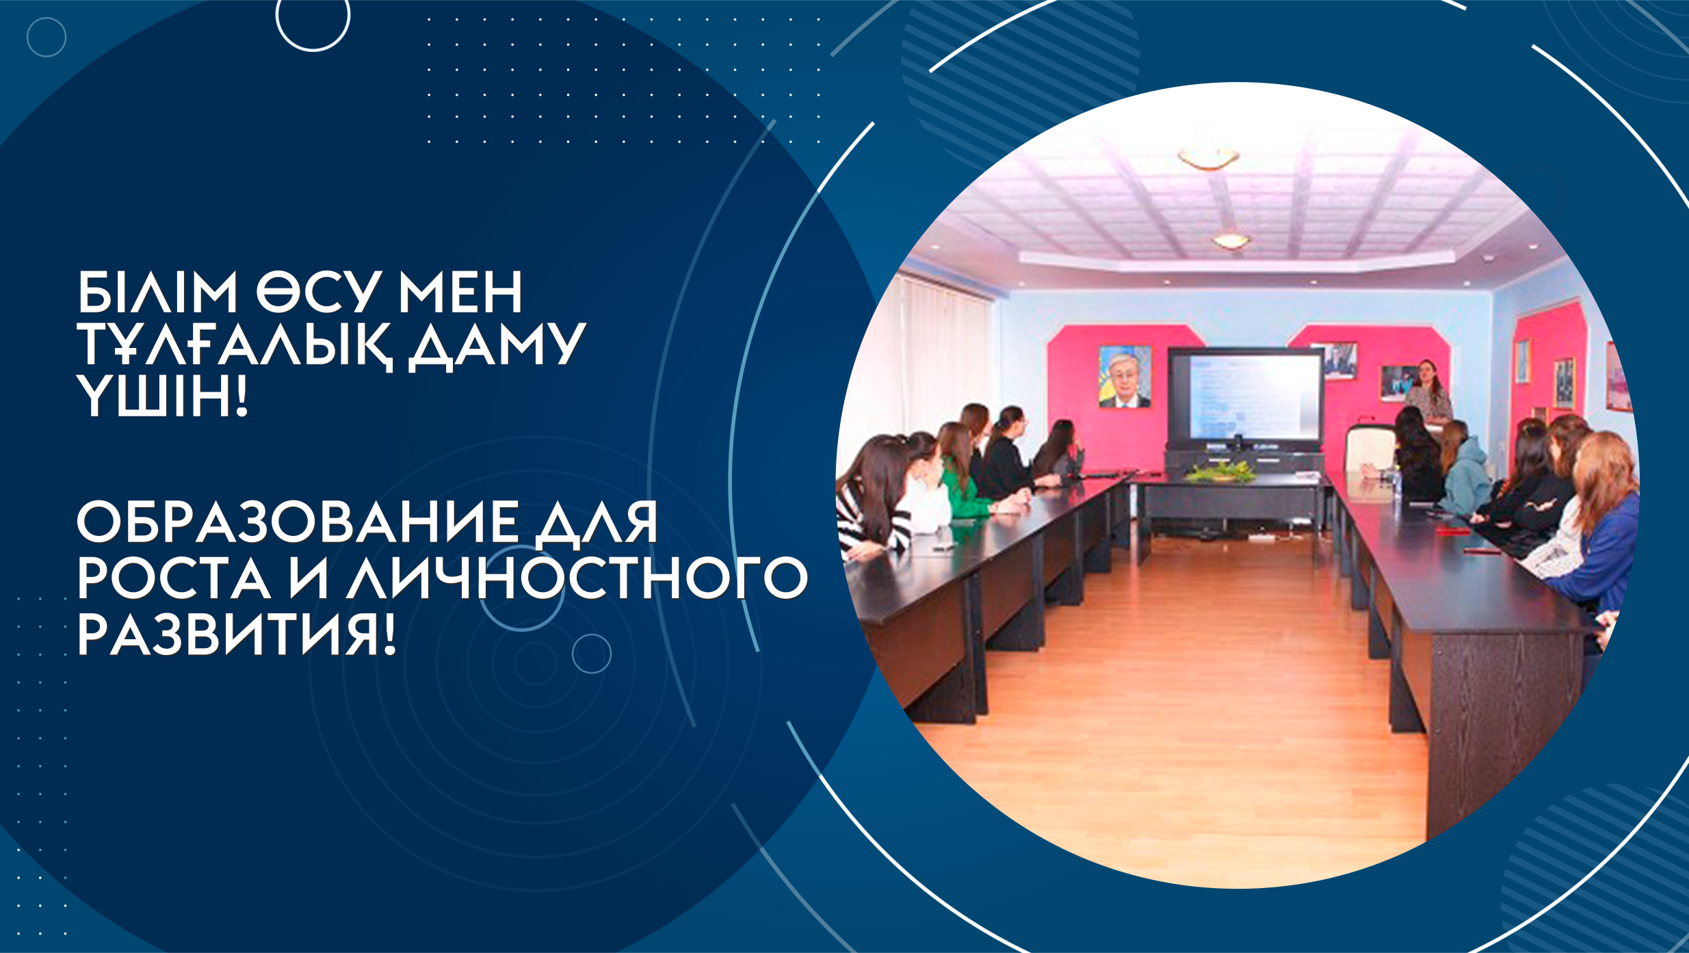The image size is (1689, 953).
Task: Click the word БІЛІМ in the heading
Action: (157, 292)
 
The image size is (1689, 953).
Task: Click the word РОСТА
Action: (174, 578)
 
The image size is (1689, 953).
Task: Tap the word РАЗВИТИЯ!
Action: (237, 634)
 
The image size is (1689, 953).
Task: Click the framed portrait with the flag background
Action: (1125, 377)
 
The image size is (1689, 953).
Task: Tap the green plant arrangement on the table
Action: (1220, 471)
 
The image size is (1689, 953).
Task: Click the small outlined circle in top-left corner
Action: (47, 37)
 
